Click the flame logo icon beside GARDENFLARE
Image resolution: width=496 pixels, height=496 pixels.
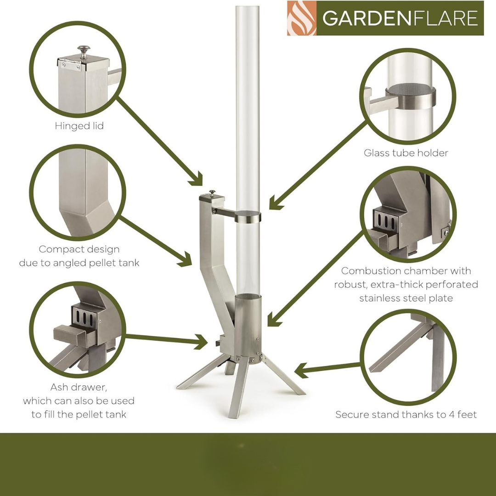point(302,18)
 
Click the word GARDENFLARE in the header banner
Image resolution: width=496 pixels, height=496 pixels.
point(400,18)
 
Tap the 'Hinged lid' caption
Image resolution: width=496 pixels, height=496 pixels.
point(79,126)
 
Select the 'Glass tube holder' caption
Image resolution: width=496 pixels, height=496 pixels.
point(406,153)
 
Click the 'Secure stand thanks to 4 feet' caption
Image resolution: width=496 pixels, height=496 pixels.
point(406,415)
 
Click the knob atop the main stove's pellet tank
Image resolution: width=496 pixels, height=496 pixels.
point(212,193)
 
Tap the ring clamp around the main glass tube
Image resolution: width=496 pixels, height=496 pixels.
point(248,216)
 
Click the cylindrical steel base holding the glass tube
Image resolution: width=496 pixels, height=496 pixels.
point(248,326)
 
